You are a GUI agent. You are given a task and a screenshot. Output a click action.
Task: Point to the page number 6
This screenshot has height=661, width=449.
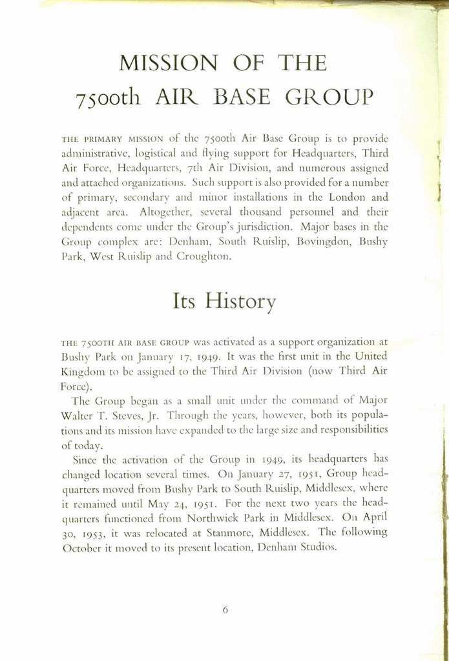[x=225, y=608]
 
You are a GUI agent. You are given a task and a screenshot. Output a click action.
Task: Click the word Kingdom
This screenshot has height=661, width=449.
[x=79, y=371]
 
